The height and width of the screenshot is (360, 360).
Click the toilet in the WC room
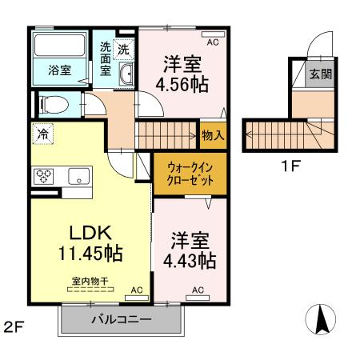tap(54, 105)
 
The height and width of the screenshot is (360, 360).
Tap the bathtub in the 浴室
tap(59, 45)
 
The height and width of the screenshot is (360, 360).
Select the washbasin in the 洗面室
tap(126, 74)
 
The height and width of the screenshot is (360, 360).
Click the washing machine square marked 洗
tap(123, 49)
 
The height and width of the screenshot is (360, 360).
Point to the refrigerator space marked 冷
tap(42, 134)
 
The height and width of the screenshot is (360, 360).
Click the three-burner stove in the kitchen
tap(44, 177)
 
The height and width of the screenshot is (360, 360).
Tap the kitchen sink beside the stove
tap(78, 176)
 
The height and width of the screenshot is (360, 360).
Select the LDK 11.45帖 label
tap(90, 242)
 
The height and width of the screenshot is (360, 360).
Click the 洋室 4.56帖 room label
tap(182, 74)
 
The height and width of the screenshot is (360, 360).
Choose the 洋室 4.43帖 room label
tap(190, 250)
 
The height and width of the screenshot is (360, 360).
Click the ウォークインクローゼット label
tap(190, 174)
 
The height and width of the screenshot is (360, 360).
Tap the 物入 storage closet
tap(213, 135)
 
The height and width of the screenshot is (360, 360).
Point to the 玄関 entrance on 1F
tap(320, 74)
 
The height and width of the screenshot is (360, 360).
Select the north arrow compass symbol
tap(321, 319)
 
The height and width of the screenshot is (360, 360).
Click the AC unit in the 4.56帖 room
tap(214, 34)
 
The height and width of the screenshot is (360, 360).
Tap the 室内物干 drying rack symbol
tap(90, 290)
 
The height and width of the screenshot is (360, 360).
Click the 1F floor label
tap(290, 166)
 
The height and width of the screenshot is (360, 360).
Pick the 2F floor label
tap(14, 326)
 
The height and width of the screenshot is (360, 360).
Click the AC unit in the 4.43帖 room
tap(198, 298)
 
